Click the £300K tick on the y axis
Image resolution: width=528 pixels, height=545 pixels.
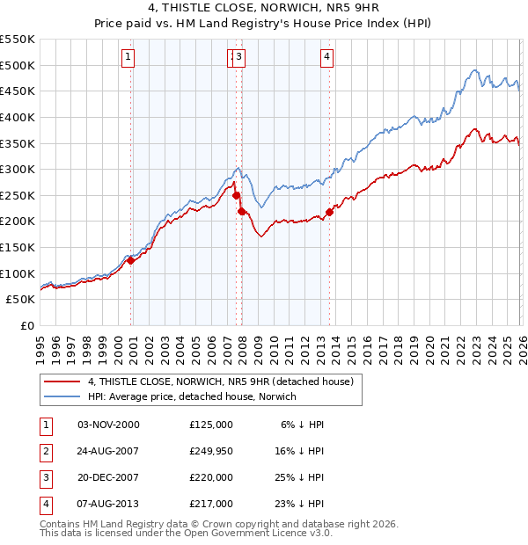(x=18, y=169)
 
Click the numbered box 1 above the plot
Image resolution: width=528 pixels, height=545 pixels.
(x=128, y=58)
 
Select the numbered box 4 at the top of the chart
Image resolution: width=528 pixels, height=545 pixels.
(x=326, y=58)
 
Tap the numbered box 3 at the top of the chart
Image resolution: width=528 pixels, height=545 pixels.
(x=239, y=58)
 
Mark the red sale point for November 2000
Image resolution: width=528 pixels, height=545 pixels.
(x=130, y=260)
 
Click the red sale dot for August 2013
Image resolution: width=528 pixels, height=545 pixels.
(x=329, y=212)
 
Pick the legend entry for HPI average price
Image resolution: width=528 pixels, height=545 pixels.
(x=192, y=396)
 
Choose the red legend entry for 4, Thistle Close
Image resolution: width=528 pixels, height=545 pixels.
(x=220, y=381)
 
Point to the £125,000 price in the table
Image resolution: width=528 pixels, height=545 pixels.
(x=211, y=424)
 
